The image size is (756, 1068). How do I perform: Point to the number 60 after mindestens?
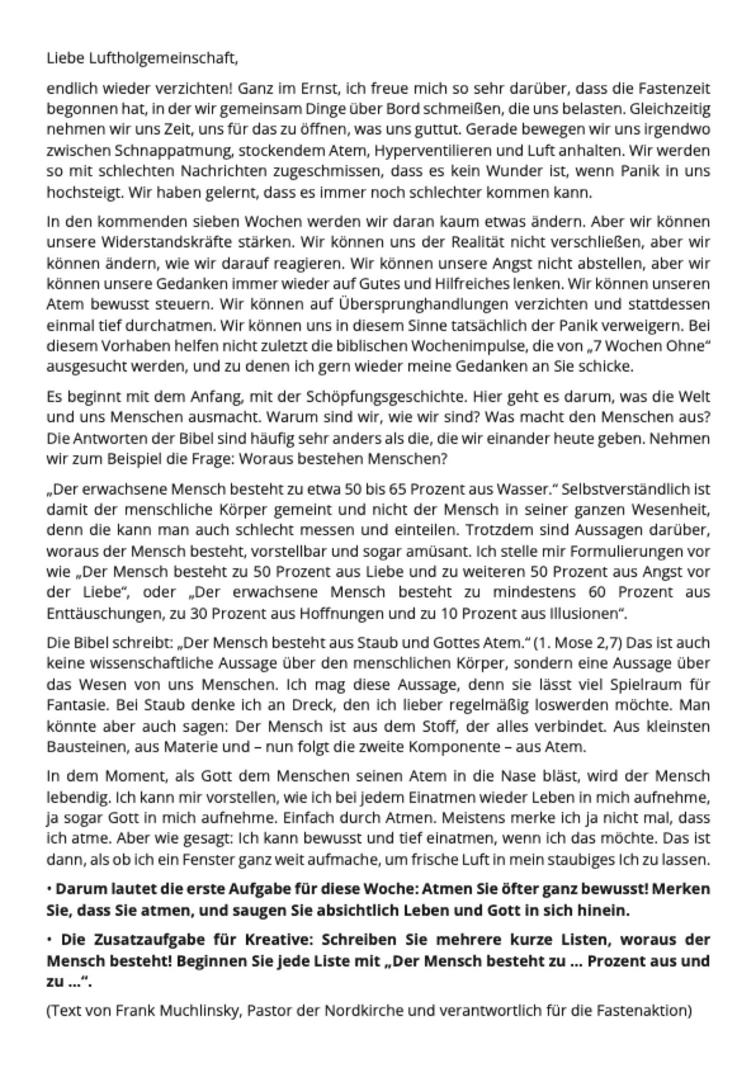click(597, 592)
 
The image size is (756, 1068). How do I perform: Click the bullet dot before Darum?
click(50, 889)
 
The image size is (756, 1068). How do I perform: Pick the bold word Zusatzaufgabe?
click(147, 940)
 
